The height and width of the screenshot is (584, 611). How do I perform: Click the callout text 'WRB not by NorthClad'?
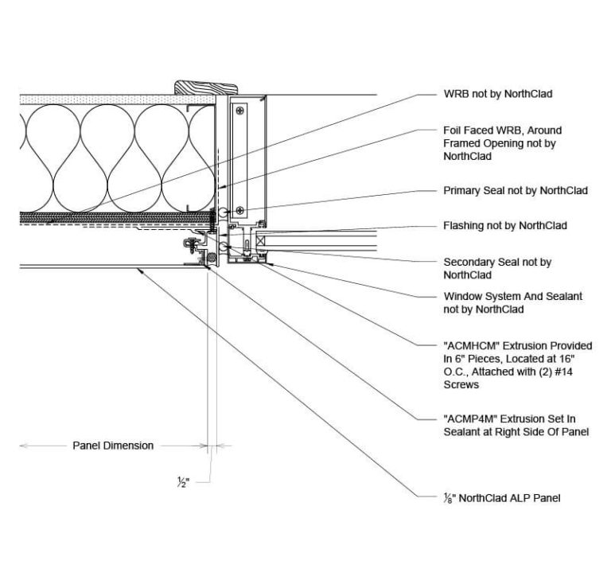pyautogui.click(x=497, y=94)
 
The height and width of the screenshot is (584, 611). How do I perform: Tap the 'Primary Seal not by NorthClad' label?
pyautogui.click(x=515, y=191)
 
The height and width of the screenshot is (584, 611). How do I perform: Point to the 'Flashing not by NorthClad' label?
pyautogui.click(x=504, y=226)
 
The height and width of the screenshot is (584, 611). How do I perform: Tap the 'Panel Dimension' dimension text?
pyautogui.click(x=113, y=446)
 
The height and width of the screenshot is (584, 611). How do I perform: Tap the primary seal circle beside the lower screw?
pyautogui.click(x=228, y=212)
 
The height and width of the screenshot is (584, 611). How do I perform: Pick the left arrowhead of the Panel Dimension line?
pyautogui.click(x=21, y=446)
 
